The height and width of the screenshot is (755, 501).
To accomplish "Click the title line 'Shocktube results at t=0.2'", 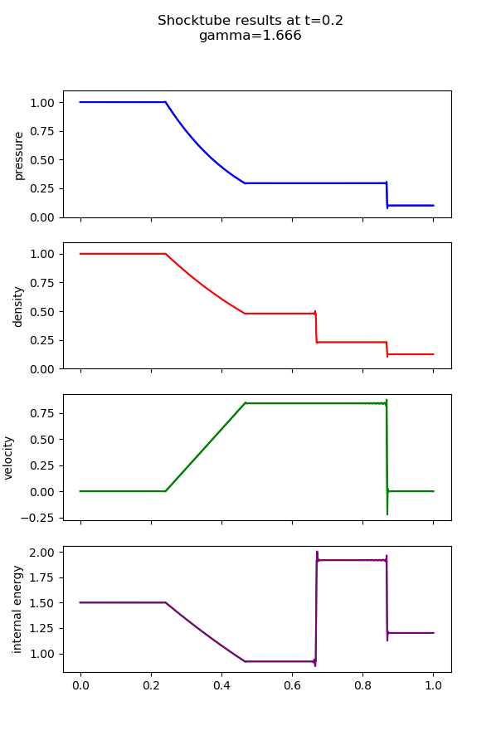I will coord(250,21).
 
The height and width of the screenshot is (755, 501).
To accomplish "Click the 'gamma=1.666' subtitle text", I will coord(250,36).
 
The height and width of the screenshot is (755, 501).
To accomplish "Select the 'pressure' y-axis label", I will coord(19,154).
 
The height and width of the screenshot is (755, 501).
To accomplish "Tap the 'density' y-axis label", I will coord(19,306).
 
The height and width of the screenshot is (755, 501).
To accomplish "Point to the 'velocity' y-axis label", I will coord(9,457).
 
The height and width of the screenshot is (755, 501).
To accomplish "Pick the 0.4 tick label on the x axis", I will coord(221,686).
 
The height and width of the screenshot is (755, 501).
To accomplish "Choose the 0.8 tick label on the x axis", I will coord(362,686).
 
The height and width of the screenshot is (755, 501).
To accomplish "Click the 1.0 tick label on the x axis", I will coord(433,686).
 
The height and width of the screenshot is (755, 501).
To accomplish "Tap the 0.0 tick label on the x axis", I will coord(80,686).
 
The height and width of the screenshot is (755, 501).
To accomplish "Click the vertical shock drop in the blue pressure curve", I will coord(387,194).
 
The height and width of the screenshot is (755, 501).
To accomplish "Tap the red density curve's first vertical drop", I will coord(316,328).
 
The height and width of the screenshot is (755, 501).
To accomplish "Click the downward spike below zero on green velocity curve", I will coord(387,508).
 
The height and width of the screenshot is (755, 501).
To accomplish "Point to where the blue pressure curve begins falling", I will coord(166,102).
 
